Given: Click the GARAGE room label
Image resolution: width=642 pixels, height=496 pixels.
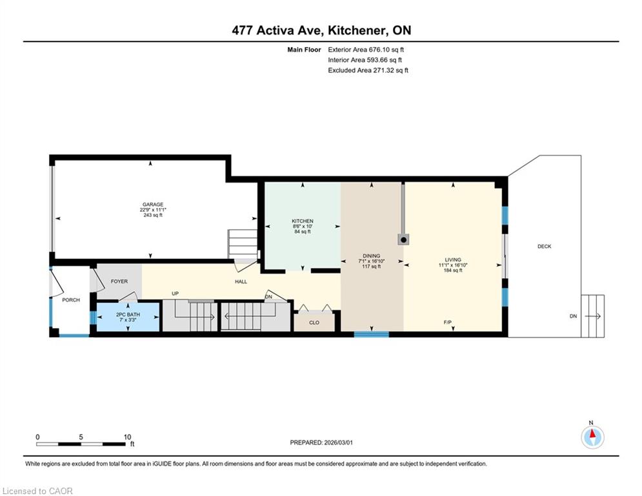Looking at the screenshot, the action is coord(153,205).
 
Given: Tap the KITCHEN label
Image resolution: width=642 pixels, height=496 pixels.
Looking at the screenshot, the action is coord(303,221).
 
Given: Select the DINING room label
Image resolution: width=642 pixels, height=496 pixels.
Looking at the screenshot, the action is coord(372,256).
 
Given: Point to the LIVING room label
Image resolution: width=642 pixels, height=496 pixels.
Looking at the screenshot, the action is coord(453,260).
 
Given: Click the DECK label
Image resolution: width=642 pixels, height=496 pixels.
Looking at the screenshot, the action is coord(544,246).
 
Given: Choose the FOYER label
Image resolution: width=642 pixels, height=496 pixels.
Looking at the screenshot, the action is coord(119,281).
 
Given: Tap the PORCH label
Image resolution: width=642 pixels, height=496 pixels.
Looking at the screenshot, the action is coord(71,300).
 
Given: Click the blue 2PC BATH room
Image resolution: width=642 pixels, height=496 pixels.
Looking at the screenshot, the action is coord(128,316).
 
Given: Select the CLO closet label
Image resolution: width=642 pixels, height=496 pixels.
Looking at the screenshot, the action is coord(314,323).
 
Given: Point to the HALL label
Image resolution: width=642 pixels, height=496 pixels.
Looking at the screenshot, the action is coord(241,282).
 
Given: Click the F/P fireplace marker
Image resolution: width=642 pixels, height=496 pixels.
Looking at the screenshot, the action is coord(448,323).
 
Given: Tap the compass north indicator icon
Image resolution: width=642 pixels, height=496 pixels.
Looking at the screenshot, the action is coord(592,437).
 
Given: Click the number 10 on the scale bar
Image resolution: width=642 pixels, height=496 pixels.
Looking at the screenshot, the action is coord(127,437).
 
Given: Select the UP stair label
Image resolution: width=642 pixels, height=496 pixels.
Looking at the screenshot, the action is coord(176,293).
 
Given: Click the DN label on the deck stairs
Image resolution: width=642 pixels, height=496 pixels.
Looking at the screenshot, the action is coord(573,316).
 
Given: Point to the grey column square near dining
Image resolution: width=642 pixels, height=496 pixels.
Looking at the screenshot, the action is coord(403,240).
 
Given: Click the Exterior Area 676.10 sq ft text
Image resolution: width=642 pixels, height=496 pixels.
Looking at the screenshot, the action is coord(366,50).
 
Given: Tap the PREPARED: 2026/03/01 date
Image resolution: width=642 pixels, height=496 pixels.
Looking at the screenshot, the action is coord(321,442).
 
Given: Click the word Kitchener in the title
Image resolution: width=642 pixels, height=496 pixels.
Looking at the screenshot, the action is coord(357,30).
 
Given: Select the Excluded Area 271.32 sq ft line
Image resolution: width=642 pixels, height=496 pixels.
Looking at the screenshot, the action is coord(368,70).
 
